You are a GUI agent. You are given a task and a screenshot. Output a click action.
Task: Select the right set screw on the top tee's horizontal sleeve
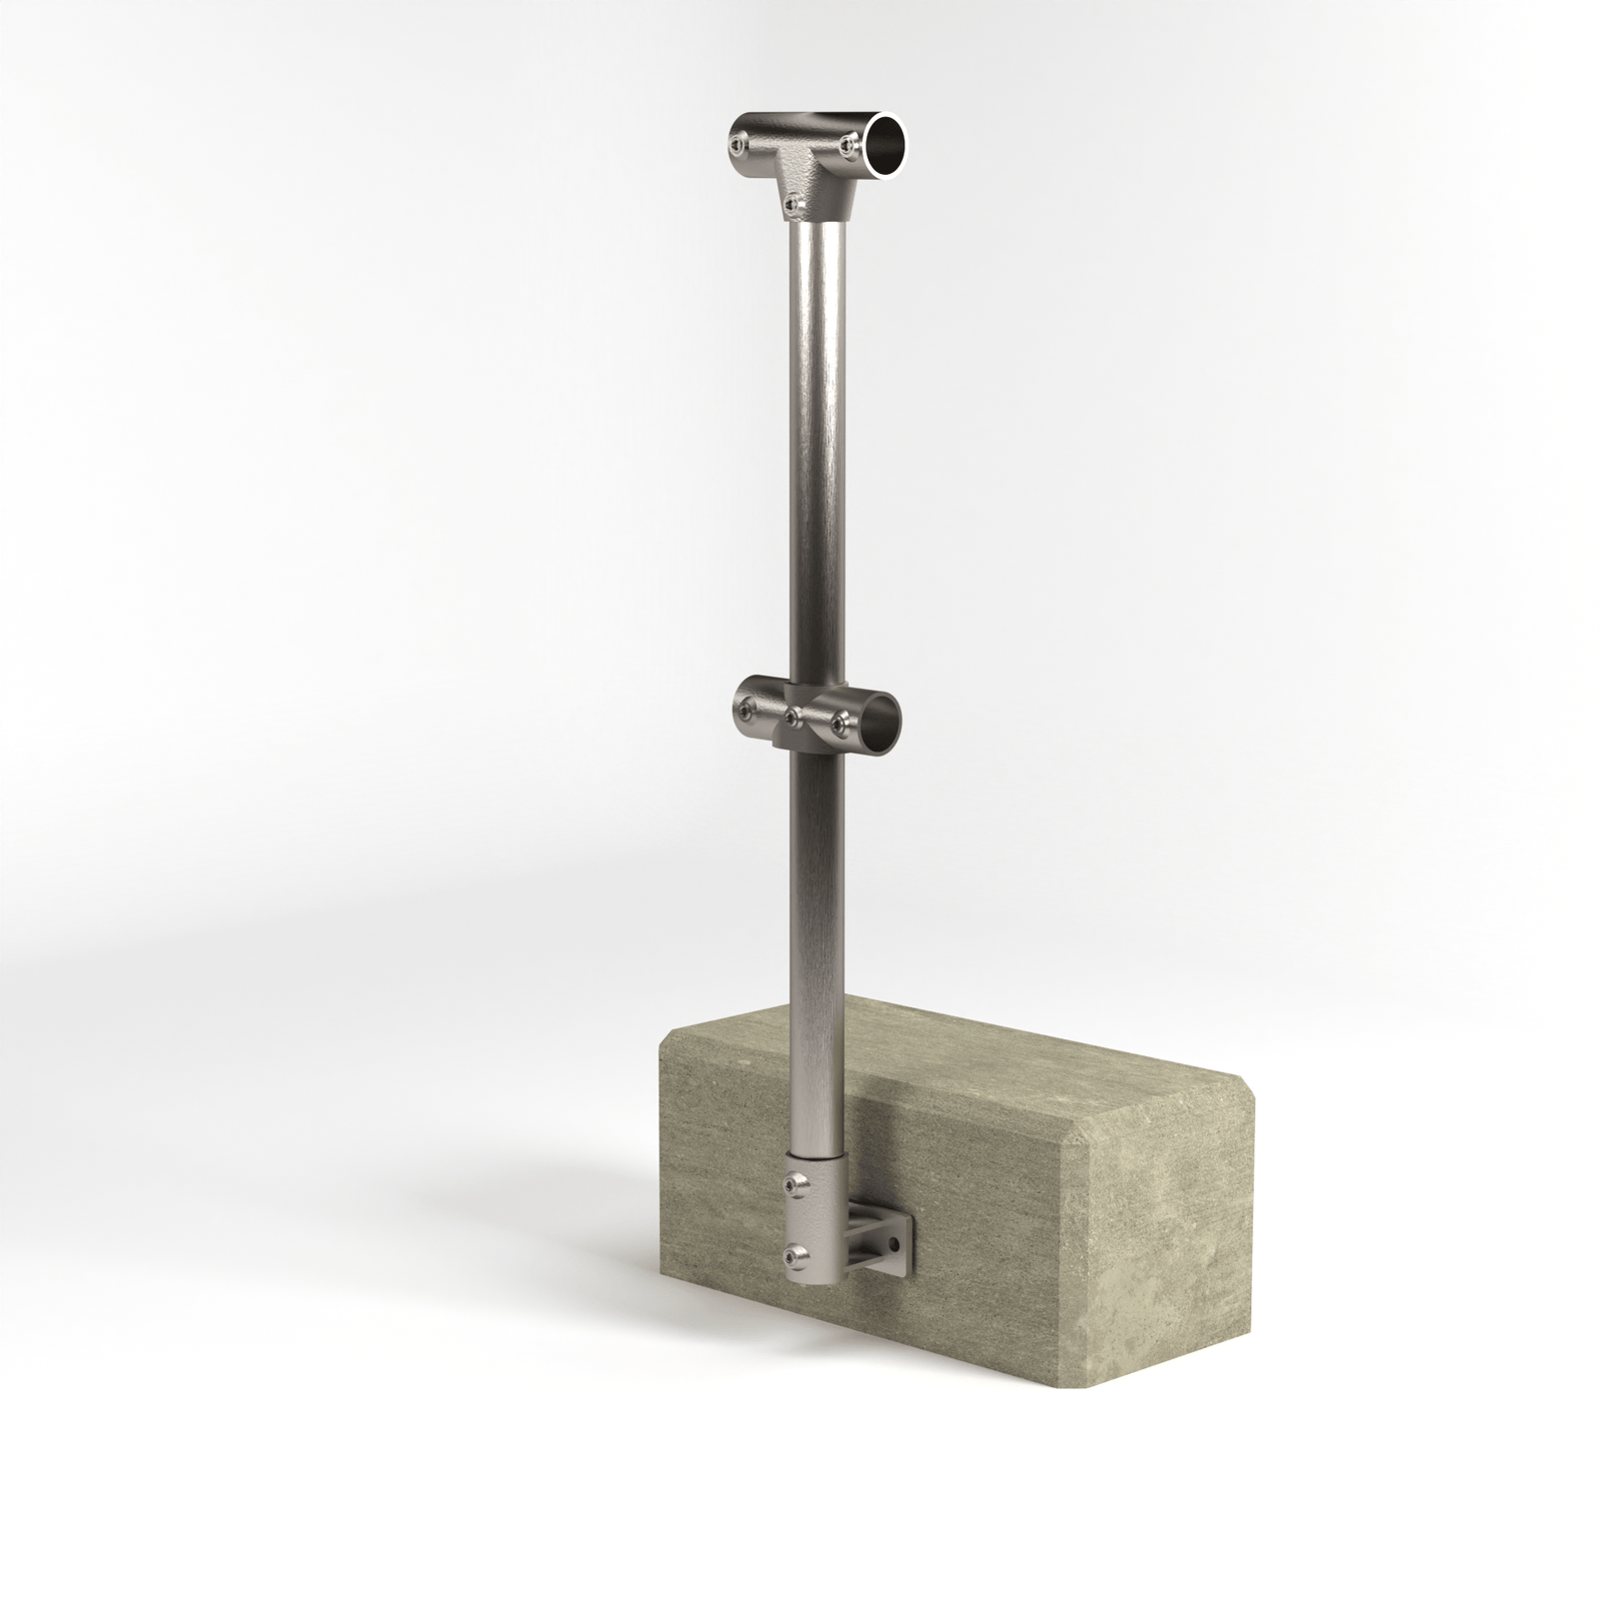tap(848, 146)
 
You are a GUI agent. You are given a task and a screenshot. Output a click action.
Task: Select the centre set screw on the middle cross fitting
tap(793, 717)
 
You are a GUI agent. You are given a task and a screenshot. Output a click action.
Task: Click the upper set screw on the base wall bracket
tap(793, 1184)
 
